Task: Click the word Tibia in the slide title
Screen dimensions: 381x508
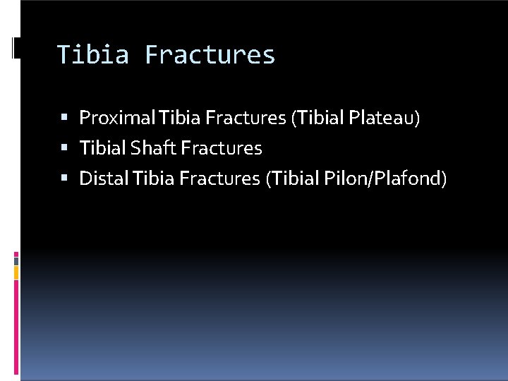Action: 92,55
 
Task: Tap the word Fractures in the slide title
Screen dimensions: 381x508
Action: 210,55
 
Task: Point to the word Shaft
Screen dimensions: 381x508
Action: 153,148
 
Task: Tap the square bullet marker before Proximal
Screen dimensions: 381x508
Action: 65,118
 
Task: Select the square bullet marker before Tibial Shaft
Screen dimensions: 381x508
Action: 65,148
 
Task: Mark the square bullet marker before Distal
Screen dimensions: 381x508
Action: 65,179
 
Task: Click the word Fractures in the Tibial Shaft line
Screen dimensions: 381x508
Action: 221,148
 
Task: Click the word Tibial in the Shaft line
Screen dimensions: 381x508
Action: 103,148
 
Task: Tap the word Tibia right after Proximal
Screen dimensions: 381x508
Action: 178,118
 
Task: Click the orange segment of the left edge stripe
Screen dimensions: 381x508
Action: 16,272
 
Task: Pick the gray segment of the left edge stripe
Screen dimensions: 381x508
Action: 16,260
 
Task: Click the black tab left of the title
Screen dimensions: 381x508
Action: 16,48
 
